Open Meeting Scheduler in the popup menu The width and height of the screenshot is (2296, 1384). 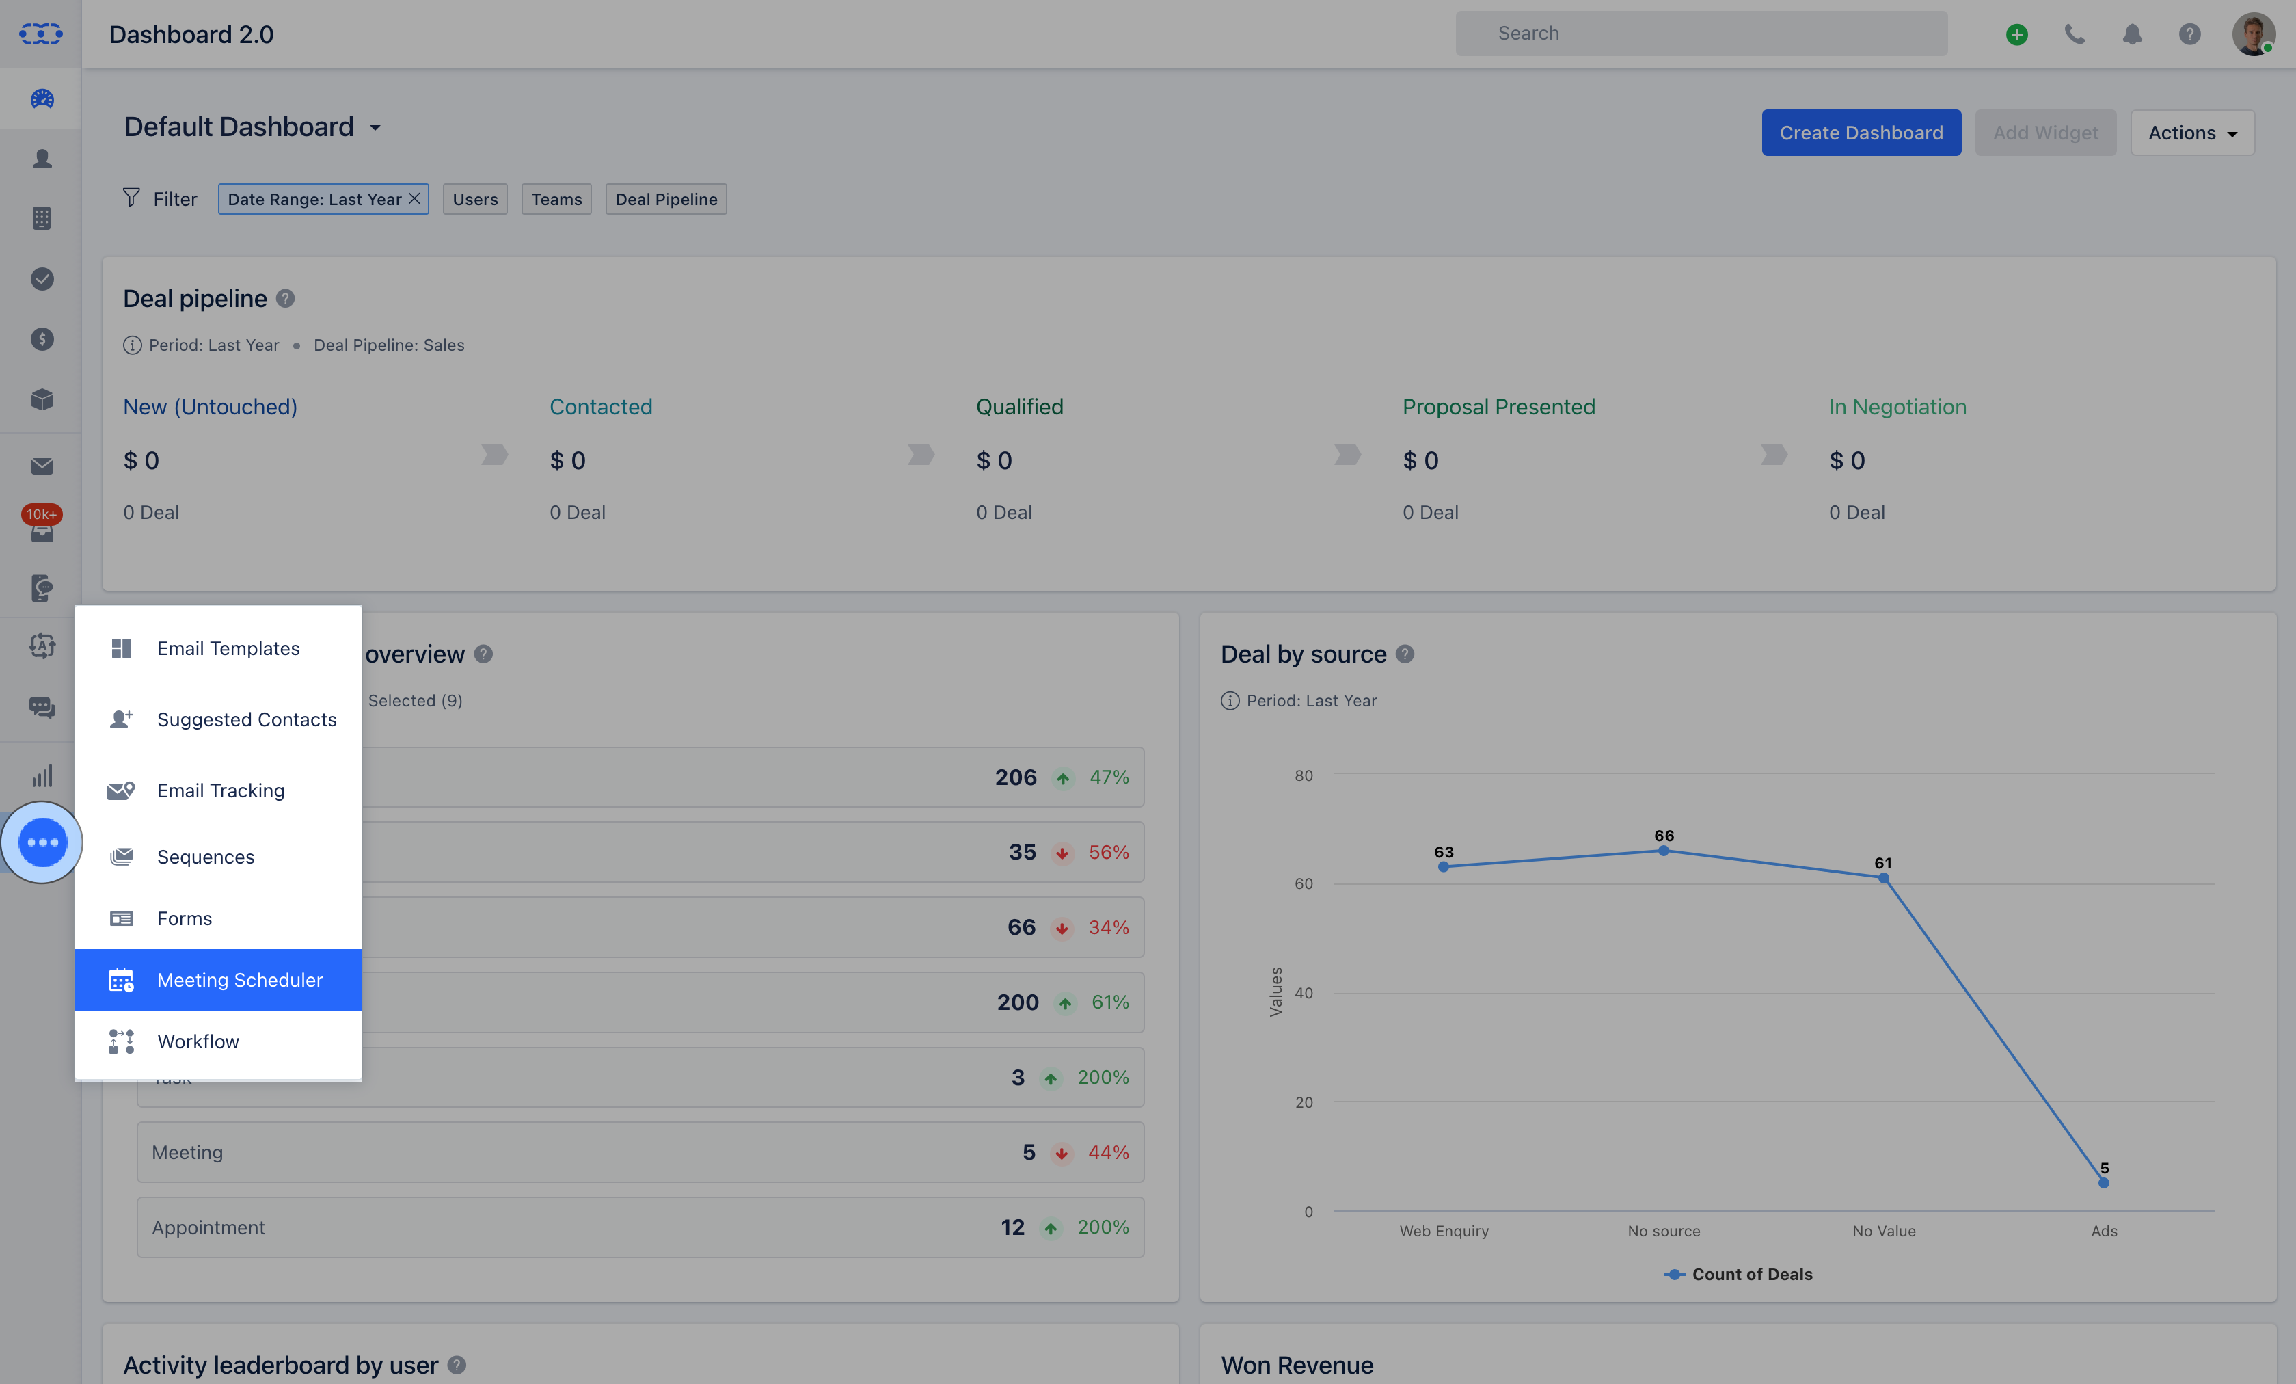218,979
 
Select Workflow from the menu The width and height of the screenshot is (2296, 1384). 218,1041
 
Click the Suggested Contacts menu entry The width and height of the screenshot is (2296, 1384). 218,719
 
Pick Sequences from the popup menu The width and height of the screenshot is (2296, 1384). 218,857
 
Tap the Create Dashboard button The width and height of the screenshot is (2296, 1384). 1861,133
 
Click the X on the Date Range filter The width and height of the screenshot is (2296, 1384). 415,198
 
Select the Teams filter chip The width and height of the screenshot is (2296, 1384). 556,198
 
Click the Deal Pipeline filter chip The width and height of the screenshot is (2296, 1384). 666,198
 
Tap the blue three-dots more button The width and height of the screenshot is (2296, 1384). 42,842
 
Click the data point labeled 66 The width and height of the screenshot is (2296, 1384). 1663,850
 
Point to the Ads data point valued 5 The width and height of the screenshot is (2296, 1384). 2104,1183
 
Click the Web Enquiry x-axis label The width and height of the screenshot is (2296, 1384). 1444,1230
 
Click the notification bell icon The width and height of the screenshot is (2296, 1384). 2132,34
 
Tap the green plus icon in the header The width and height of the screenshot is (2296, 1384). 2017,34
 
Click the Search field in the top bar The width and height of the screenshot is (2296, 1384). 1701,34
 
